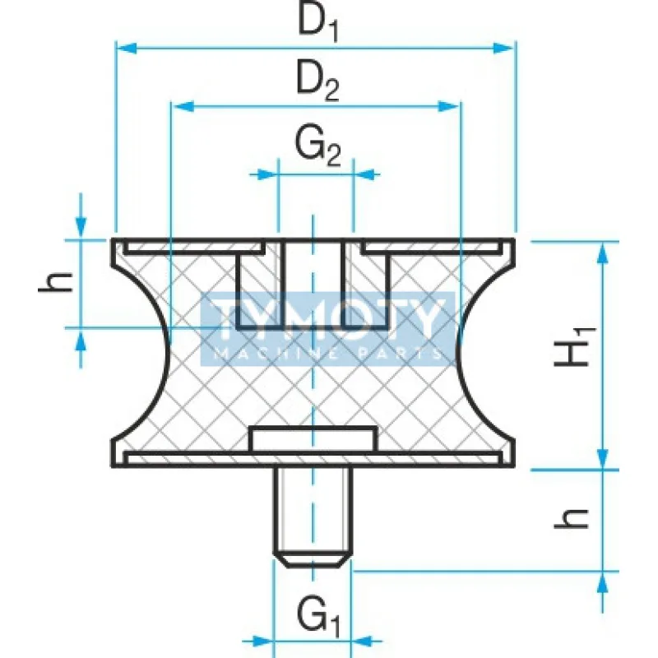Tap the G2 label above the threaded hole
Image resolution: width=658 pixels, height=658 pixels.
(317, 148)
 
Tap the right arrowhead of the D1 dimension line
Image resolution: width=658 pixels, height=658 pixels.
(505, 49)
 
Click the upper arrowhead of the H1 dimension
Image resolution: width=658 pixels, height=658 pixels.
(605, 251)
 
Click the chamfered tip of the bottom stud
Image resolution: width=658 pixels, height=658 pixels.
(313, 560)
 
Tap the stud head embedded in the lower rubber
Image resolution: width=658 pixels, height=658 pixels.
(313, 439)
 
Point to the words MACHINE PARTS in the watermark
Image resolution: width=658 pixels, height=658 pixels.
(329, 354)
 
